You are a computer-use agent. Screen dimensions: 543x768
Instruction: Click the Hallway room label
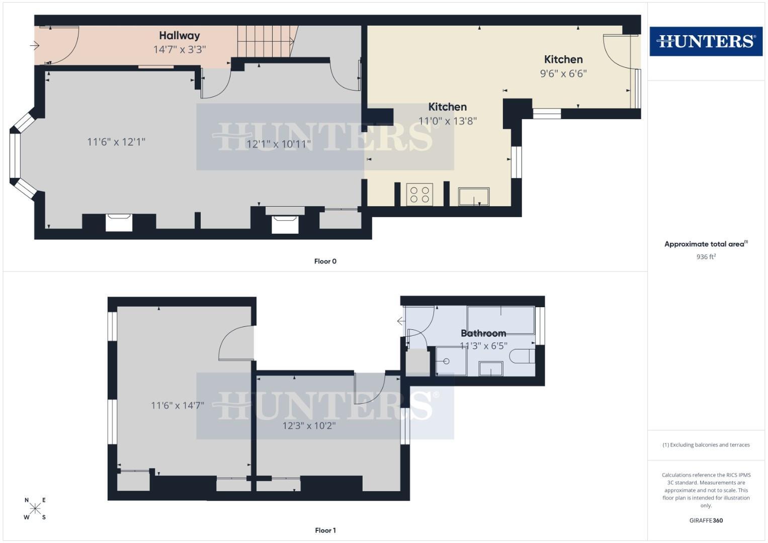click(180, 36)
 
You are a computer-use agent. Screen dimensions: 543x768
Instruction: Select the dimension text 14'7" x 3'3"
click(180, 50)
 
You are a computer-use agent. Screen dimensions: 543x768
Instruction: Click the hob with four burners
click(419, 195)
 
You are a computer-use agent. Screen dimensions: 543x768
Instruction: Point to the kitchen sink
click(473, 196)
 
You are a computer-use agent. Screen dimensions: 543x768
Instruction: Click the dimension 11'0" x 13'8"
click(448, 121)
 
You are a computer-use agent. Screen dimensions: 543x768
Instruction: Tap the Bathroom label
click(483, 333)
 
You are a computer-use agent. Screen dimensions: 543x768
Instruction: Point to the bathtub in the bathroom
click(500, 320)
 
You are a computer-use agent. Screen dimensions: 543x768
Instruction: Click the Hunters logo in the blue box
click(706, 41)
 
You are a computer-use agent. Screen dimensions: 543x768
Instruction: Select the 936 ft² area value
click(706, 257)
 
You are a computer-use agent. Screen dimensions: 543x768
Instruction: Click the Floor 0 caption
click(325, 261)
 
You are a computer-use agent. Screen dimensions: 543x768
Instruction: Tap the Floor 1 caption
click(325, 530)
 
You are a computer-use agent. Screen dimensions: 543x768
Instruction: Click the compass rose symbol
click(35, 509)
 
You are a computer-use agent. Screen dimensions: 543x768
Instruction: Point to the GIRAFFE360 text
click(706, 521)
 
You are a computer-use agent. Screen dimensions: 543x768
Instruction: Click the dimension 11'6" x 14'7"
click(178, 406)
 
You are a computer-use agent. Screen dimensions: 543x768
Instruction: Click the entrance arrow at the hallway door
click(35, 46)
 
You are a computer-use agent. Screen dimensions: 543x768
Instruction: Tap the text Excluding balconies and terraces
click(706, 445)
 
